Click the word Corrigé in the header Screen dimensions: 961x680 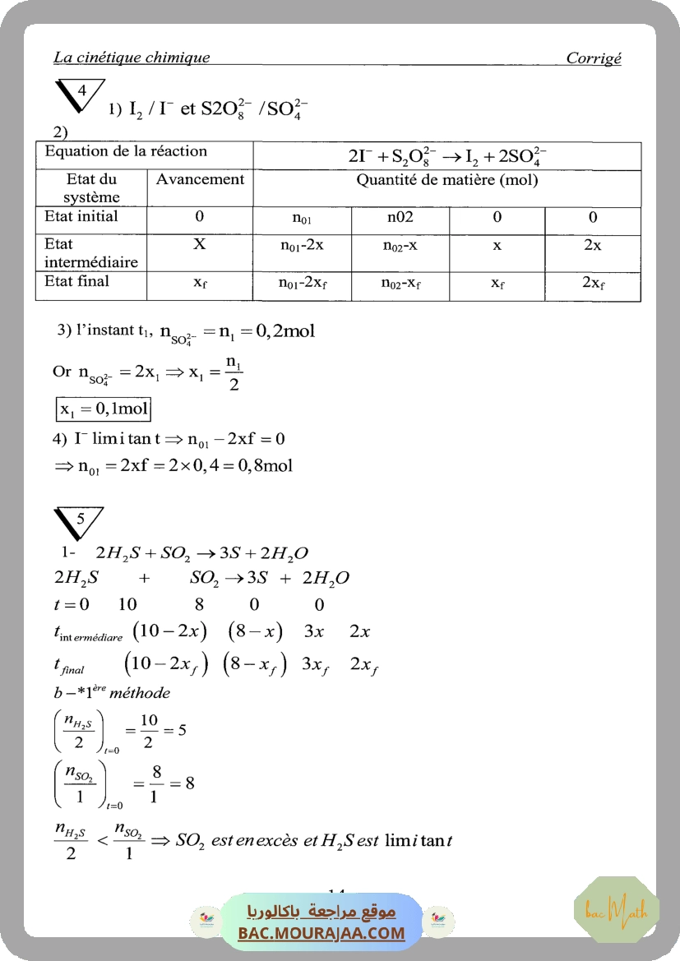tap(594, 58)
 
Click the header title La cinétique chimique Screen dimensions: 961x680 tap(132, 58)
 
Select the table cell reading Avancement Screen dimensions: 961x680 tap(200, 179)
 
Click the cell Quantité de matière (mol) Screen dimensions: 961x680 tap(446, 180)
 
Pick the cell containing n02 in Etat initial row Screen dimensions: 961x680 tap(400, 218)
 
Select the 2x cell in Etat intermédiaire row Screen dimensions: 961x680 tap(592, 246)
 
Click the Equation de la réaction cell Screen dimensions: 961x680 tap(126, 151)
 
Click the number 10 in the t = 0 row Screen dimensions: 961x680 tap(127, 605)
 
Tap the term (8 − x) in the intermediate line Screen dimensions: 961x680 tap(255, 632)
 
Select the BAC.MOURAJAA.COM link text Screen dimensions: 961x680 tap(321, 933)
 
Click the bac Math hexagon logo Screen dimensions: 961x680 tap(616, 909)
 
